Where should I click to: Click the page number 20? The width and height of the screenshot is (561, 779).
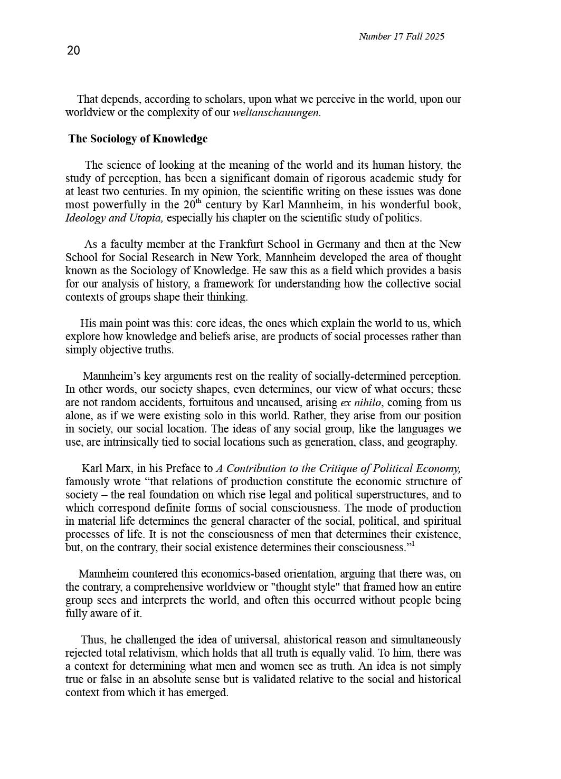(73, 51)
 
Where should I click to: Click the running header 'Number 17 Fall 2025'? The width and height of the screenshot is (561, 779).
(401, 36)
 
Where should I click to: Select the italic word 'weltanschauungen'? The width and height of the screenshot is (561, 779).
(276, 112)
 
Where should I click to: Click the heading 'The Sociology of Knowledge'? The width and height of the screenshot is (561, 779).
(138, 139)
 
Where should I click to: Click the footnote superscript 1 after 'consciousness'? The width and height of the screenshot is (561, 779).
(413, 545)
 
